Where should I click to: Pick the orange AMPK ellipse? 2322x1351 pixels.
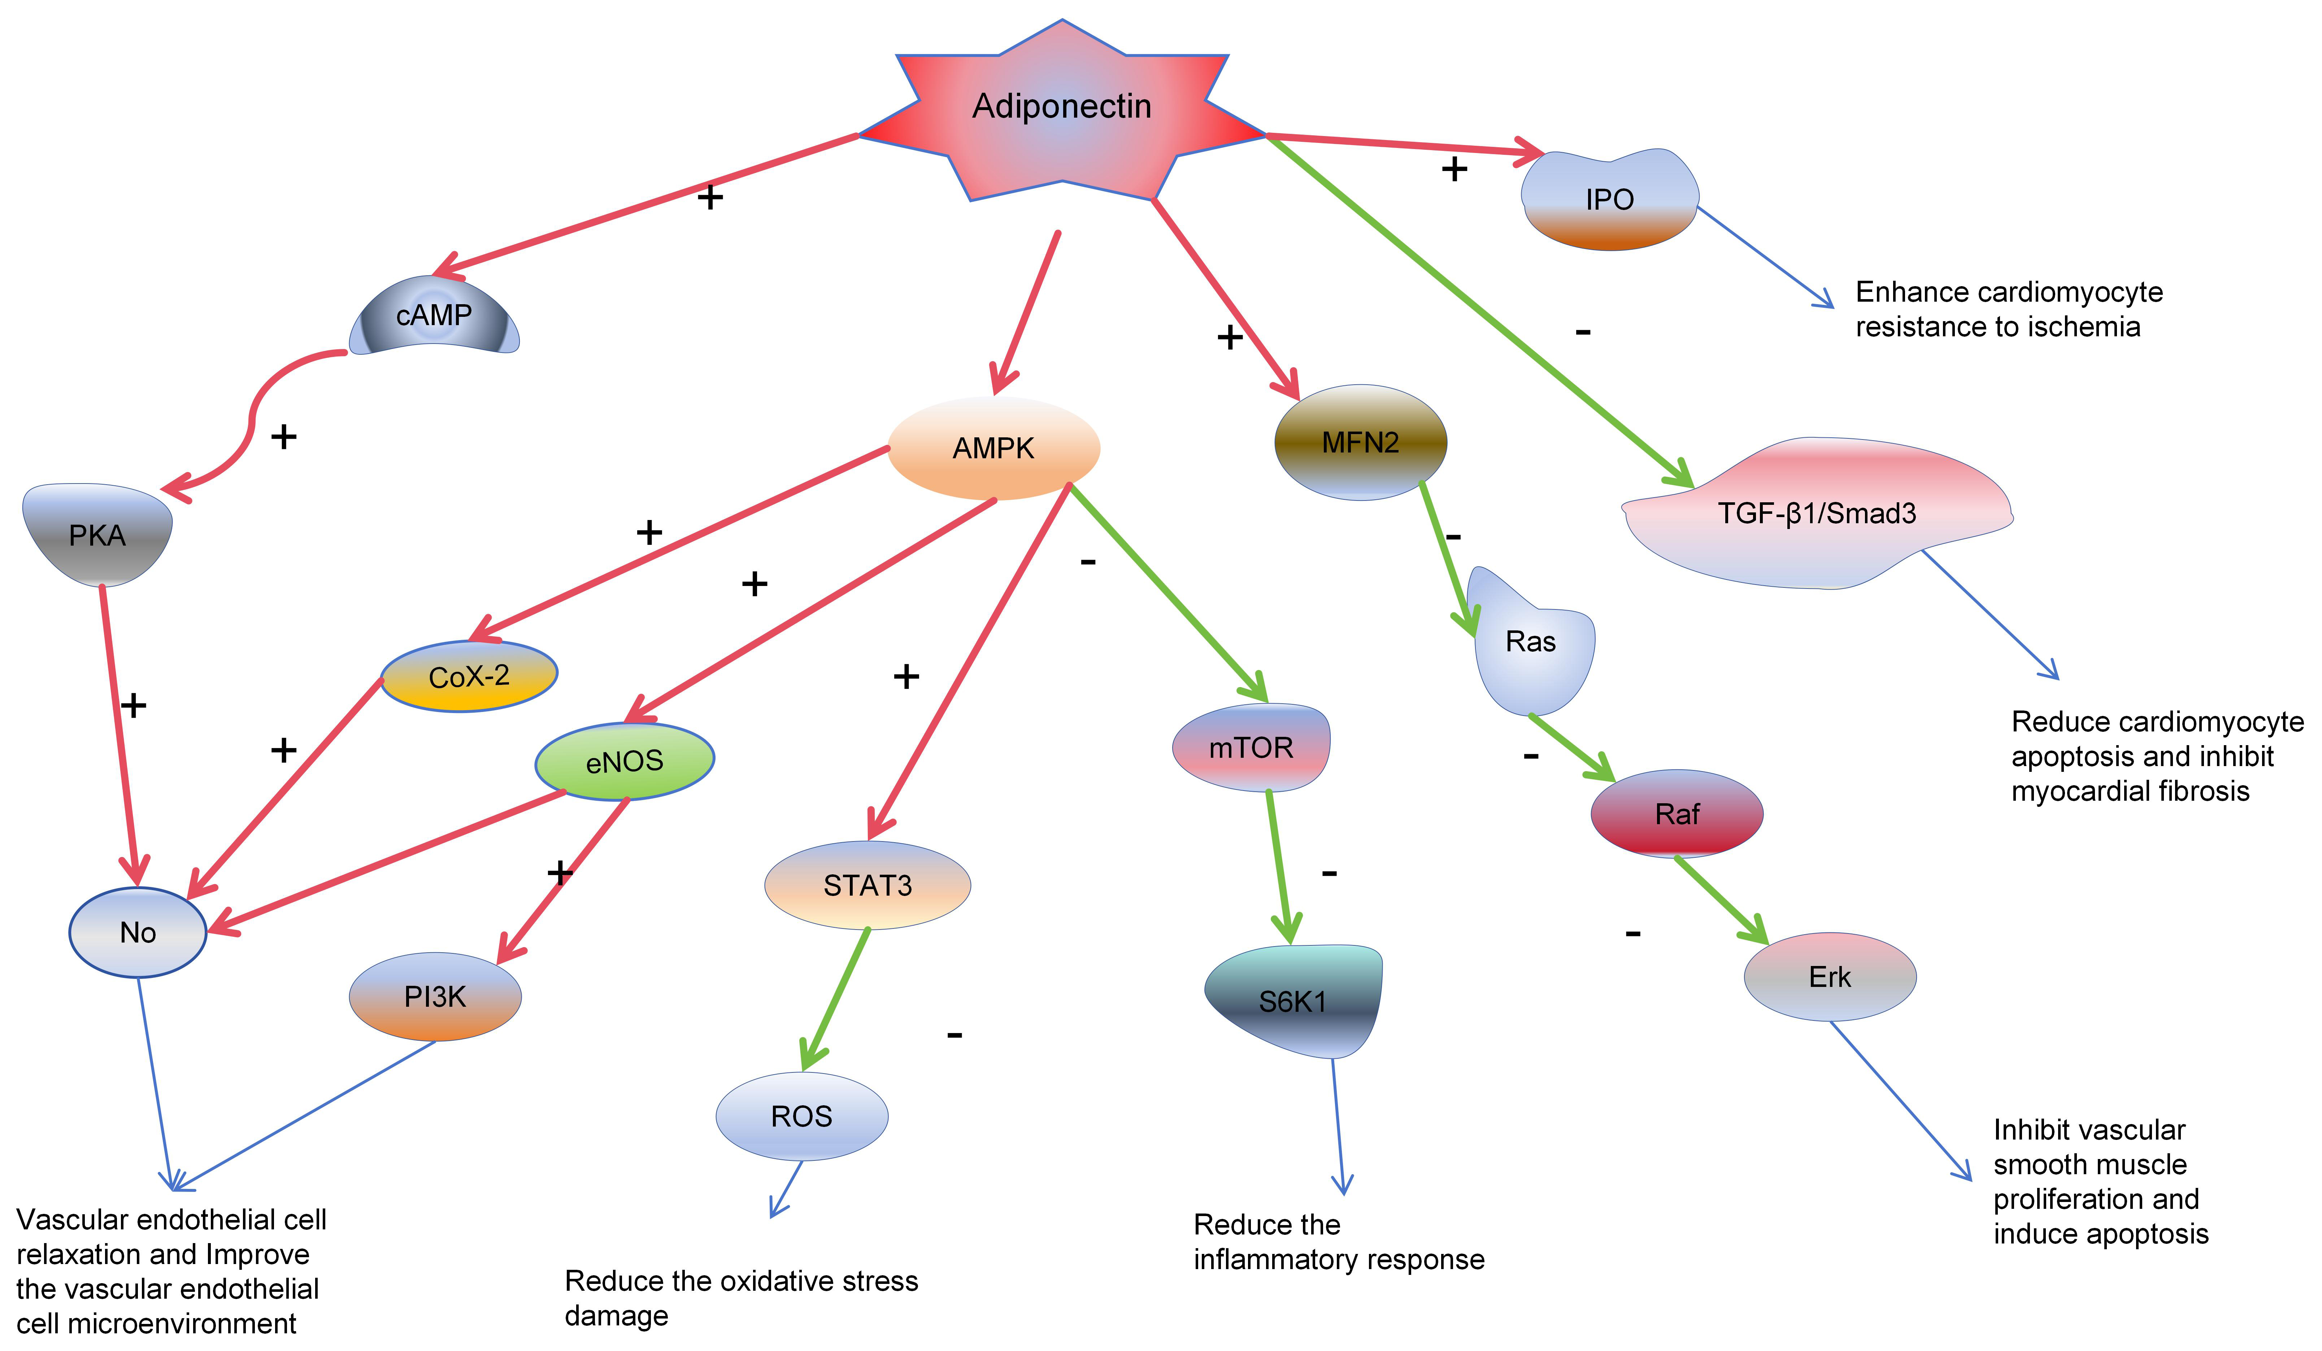[993, 449]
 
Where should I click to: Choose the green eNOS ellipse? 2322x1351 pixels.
[625, 761]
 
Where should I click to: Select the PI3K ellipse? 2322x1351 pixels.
[435, 996]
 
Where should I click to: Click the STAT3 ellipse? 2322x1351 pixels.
[867, 885]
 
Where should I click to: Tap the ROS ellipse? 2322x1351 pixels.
[802, 1116]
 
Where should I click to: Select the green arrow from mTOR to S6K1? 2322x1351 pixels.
[1279, 866]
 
